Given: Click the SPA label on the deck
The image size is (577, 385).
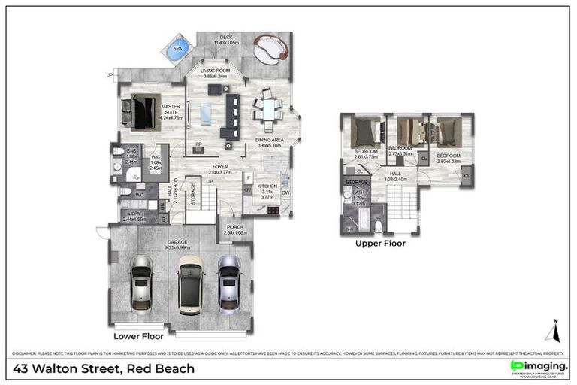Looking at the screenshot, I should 178,49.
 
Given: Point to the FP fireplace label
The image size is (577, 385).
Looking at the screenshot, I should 198,144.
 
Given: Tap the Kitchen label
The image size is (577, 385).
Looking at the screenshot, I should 267,186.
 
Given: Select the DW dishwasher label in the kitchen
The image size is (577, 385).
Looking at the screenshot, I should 285,193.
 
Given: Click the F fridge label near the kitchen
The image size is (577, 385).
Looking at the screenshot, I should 248,177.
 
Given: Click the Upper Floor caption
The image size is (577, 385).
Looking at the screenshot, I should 381,244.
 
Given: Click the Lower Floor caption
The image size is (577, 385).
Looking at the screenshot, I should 138,338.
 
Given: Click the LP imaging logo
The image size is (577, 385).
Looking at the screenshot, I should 538,366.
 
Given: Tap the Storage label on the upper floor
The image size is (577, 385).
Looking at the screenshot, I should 356,183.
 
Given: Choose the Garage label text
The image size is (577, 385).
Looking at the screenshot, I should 177,242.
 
